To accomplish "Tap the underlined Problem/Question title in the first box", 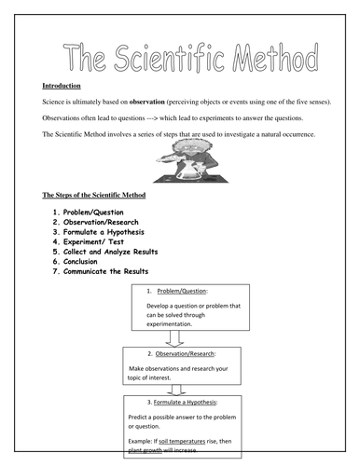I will (x=187, y=291).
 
